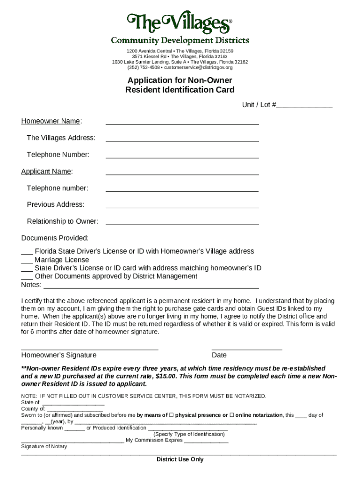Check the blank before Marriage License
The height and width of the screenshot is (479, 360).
tap(27, 261)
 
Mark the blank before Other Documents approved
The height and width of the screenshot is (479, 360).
tap(27, 277)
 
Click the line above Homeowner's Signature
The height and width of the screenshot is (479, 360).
tap(90, 348)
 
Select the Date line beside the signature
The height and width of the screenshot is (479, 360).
tap(247, 348)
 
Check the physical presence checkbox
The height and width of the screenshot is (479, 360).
tap(171, 415)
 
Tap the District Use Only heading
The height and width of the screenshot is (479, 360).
tap(180, 459)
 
